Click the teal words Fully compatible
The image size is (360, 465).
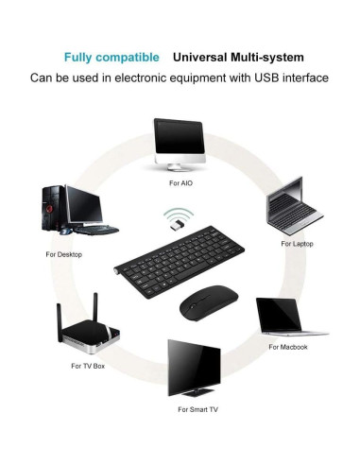(x=111, y=56)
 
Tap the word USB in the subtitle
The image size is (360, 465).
(x=264, y=77)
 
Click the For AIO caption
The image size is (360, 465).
(x=180, y=181)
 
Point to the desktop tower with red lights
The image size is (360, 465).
(x=54, y=211)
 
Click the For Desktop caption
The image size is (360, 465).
(x=65, y=254)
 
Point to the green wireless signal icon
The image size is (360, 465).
(x=173, y=211)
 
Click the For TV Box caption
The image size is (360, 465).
(x=88, y=365)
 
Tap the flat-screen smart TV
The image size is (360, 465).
(x=195, y=370)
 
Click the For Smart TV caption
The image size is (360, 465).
(x=197, y=410)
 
